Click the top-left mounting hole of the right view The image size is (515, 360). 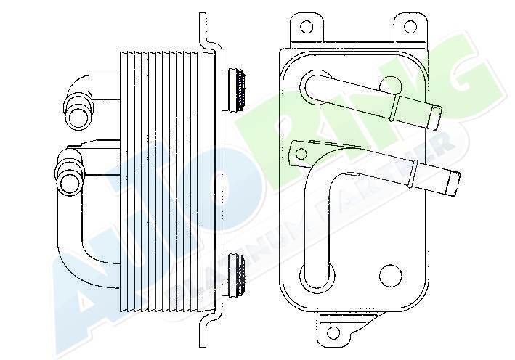tap(307, 27)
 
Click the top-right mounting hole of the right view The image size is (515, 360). tap(410, 27)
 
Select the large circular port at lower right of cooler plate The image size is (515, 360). tap(391, 275)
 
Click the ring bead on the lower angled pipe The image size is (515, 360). tap(412, 172)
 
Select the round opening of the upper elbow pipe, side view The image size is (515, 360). tap(76, 115)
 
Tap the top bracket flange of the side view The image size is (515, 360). tap(207, 33)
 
